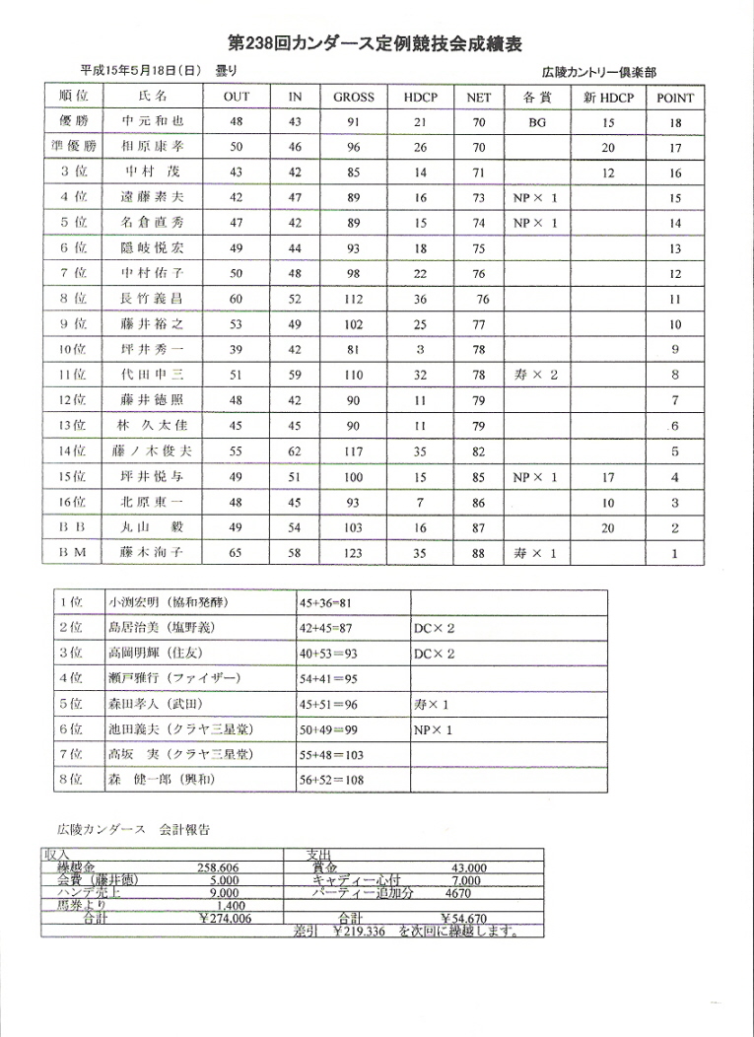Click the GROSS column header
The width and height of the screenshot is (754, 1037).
(354, 98)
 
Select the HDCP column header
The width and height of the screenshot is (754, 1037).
(422, 98)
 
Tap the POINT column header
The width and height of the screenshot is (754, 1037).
(674, 98)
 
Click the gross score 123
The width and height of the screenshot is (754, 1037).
(354, 554)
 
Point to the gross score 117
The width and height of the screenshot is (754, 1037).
(354, 451)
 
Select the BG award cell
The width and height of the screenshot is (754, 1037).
(536, 123)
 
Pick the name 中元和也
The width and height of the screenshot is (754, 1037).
(152, 123)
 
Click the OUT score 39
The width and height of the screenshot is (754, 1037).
(237, 350)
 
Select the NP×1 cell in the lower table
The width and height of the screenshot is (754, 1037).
(434, 730)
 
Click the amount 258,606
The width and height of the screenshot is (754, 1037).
(226, 867)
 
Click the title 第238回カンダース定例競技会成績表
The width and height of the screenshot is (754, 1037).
(374, 43)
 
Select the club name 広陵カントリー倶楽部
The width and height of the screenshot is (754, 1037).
(599, 72)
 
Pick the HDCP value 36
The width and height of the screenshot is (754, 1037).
(422, 299)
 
